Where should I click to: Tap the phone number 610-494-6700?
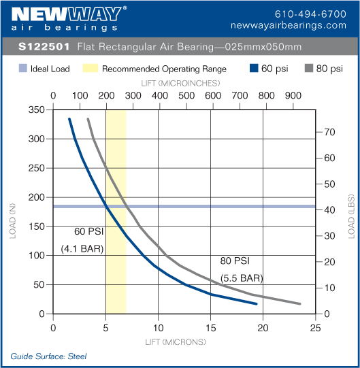click(x=310, y=14)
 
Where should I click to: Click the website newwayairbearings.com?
click(x=299, y=25)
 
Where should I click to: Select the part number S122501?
click(x=42, y=47)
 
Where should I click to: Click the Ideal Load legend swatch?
click(x=22, y=69)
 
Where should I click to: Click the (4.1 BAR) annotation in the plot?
click(x=82, y=248)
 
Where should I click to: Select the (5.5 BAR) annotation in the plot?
click(x=242, y=278)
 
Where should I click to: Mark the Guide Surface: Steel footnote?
click(x=48, y=356)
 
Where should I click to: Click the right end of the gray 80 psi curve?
click(x=299, y=304)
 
